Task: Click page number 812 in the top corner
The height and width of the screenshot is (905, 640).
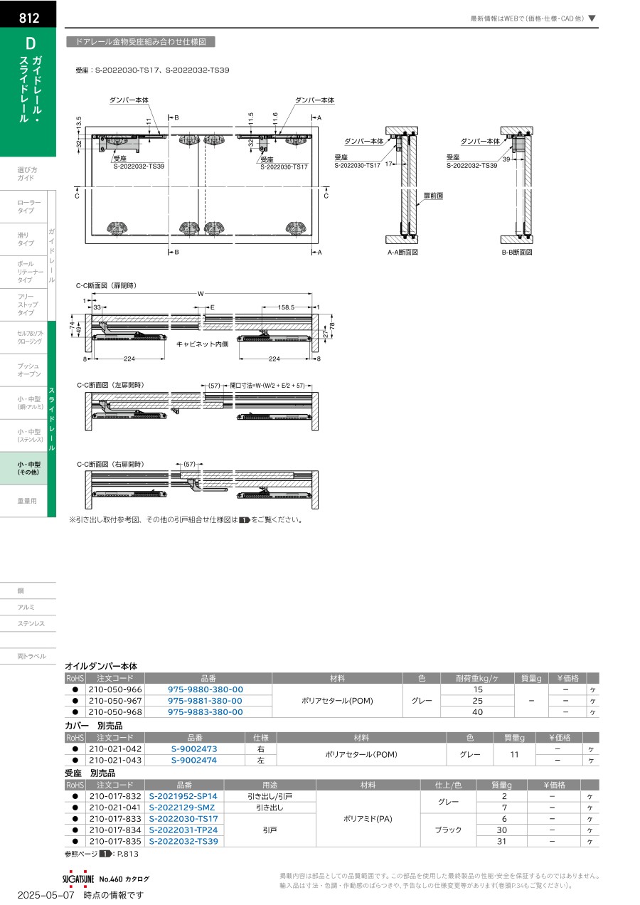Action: (x=29, y=18)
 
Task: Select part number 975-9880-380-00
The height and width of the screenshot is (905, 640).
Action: (x=205, y=689)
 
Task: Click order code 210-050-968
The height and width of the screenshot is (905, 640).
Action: (x=115, y=712)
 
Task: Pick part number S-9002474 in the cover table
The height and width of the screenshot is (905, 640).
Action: (x=194, y=760)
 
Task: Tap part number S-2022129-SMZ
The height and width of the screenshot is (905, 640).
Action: (x=182, y=808)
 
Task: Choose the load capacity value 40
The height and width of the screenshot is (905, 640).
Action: (x=477, y=712)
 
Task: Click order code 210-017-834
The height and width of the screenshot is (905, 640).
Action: (x=115, y=830)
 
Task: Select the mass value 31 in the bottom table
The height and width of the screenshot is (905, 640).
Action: (x=501, y=841)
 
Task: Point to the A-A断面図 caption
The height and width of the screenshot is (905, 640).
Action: (x=402, y=252)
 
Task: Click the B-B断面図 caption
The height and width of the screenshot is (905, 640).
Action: (x=517, y=252)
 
